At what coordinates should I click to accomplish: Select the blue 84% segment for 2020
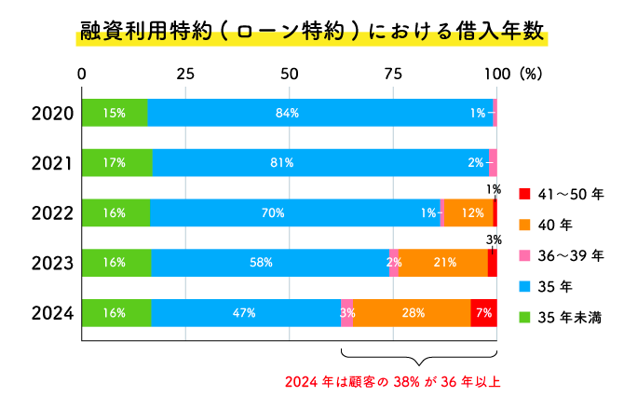(x=319, y=113)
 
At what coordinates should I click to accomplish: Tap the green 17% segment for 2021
(x=116, y=163)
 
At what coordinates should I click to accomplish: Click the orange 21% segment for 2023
(x=443, y=263)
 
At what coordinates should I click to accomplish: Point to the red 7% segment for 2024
(x=483, y=313)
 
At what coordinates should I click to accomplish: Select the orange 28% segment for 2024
(x=412, y=313)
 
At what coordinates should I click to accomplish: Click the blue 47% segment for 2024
(x=245, y=313)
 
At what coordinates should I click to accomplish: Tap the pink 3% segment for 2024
(x=346, y=313)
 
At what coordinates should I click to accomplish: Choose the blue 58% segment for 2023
(x=269, y=263)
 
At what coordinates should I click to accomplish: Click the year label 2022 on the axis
(x=52, y=213)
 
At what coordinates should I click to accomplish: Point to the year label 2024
(x=52, y=313)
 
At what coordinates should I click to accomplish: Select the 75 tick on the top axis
(x=393, y=74)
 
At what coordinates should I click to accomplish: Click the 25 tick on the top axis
(x=185, y=74)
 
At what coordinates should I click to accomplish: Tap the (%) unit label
(x=531, y=74)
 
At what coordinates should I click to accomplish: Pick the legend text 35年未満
(x=574, y=318)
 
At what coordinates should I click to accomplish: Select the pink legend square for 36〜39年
(x=524, y=255)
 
